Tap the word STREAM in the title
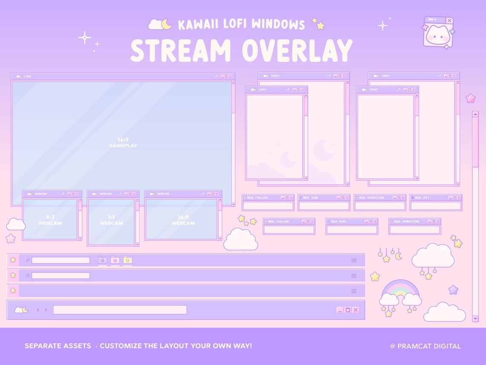pos(180,50)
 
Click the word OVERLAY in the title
pos(297,50)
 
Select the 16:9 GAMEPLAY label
pos(123,143)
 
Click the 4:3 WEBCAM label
pos(50,220)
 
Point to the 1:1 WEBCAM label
pos(111,220)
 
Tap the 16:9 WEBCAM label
pos(183,220)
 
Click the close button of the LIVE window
pos(230,76)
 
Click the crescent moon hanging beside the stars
pos(399,256)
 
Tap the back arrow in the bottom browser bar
pos(38,310)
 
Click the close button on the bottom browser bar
pos(356,310)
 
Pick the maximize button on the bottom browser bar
pos(347,310)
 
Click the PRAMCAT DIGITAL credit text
pos(425,346)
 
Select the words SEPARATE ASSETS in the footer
pos(58,346)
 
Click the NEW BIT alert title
pos(422,198)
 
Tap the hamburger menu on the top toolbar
pos(354,260)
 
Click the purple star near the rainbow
pos(453,290)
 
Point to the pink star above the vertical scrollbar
pos(471,99)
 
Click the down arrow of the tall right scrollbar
pos(475,318)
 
